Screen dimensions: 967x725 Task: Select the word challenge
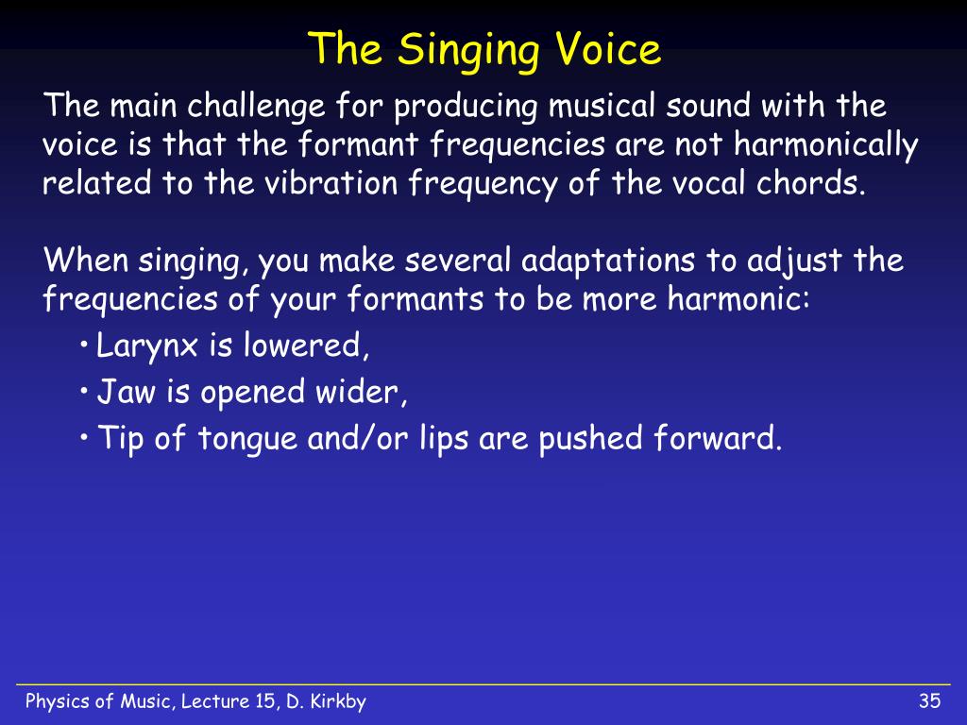tap(255, 106)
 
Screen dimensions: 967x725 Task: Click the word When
tap(86, 260)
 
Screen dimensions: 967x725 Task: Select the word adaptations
tap(608, 261)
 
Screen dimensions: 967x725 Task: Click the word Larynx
tap(146, 346)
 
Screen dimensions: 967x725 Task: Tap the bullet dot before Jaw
tap(84, 390)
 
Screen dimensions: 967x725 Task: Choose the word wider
tap(362, 392)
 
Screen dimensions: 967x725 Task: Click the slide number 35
tap(929, 701)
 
